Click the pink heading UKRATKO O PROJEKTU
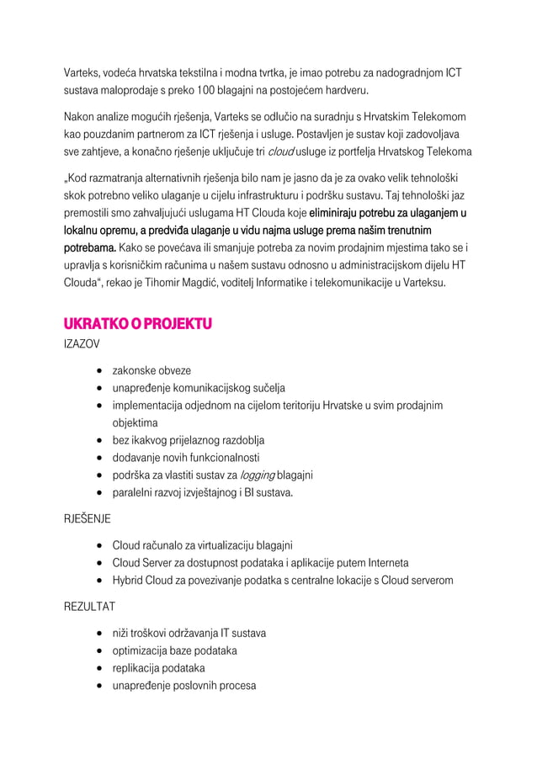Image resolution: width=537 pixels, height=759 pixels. click(x=138, y=323)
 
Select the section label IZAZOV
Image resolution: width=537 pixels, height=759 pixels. click(x=82, y=344)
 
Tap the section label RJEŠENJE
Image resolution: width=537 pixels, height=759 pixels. click(x=88, y=517)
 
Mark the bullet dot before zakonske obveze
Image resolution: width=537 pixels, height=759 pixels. click(x=99, y=371)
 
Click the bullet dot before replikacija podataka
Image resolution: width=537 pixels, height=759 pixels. click(x=99, y=669)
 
